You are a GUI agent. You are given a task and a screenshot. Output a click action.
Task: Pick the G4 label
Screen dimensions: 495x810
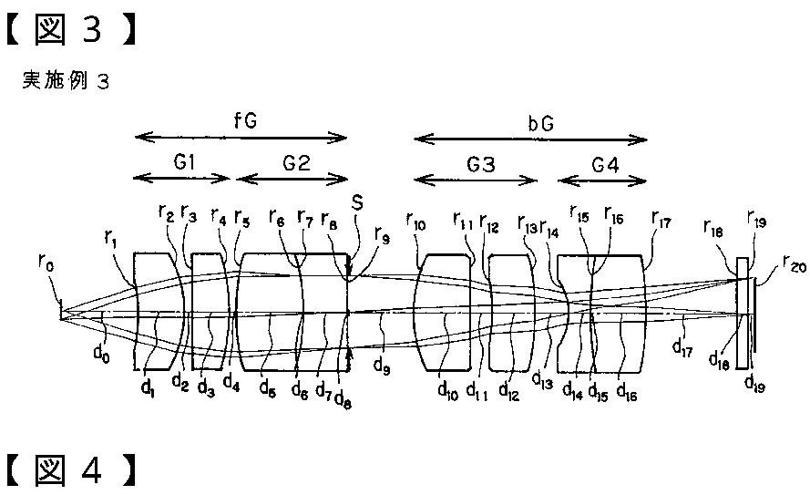pyautogui.click(x=602, y=164)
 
